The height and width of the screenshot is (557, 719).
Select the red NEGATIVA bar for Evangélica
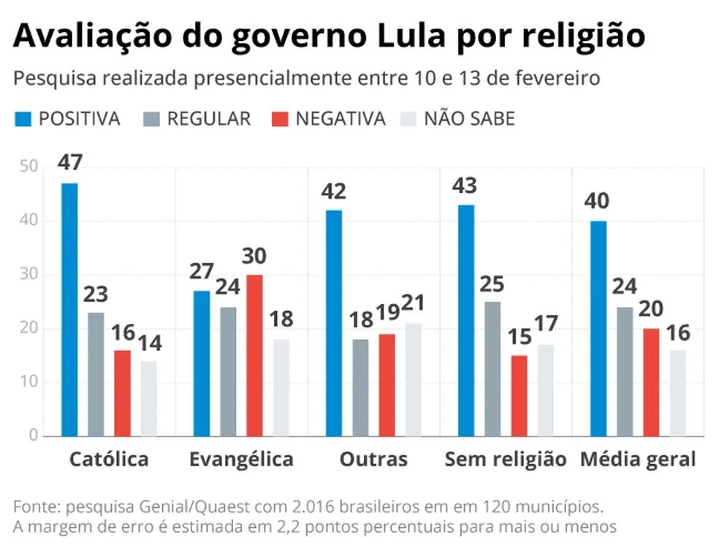254,355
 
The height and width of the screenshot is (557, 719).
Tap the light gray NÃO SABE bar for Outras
413,379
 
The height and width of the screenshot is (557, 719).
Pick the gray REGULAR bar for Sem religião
492,368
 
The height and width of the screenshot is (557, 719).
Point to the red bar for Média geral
651,382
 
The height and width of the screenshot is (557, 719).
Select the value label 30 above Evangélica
254,257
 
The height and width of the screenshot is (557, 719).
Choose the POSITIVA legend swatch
23,119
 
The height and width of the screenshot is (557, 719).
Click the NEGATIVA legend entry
340,119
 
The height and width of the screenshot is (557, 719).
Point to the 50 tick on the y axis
28,167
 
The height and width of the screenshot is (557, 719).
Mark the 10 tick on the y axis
28,382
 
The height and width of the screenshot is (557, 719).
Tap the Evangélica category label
241,459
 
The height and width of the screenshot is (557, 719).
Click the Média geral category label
638,459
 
